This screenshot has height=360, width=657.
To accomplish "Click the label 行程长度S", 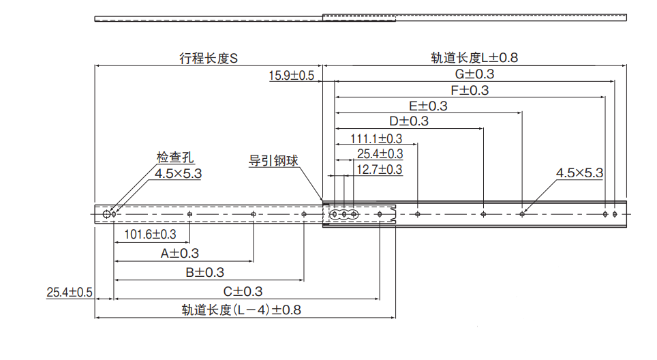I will [x=208, y=58].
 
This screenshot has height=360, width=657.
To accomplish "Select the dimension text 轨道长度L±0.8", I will [x=474, y=58].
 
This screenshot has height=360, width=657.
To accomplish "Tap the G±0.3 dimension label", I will [x=475, y=74].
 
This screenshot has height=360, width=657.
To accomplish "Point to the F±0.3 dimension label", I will [x=470, y=90].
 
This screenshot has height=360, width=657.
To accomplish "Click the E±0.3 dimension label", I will [x=428, y=106].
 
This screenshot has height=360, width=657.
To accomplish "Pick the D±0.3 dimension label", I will [x=409, y=121].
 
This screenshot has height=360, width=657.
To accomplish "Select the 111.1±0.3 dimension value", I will [x=376, y=138].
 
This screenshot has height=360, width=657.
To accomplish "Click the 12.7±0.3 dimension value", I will [x=380, y=169].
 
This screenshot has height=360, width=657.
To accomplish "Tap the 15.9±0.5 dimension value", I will [x=292, y=76].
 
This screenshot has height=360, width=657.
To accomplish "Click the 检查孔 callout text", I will [x=171, y=159].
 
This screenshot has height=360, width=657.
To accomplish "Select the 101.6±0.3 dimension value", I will [x=151, y=235].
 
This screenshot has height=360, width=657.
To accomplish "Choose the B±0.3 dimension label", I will [x=204, y=273].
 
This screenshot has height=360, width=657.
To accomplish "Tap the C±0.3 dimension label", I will [x=243, y=291].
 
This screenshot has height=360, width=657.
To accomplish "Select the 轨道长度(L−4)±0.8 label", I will [x=241, y=310].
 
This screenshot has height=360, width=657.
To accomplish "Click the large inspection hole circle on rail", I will [x=107, y=214].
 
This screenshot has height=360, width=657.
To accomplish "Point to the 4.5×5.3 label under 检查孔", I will [x=179, y=174].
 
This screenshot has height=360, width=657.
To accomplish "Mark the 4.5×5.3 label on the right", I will [x=579, y=173].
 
